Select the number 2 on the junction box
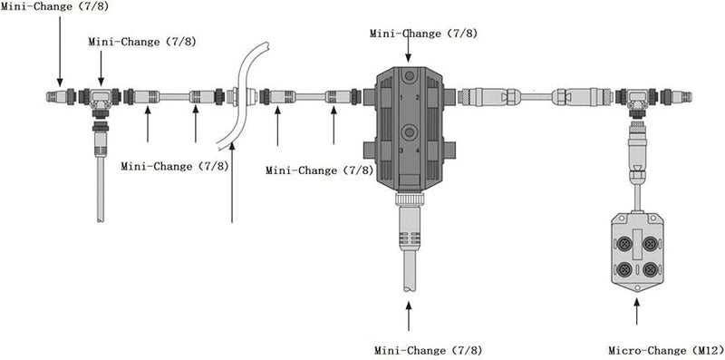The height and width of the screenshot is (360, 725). [418, 95]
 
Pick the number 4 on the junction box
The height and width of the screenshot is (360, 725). [418, 151]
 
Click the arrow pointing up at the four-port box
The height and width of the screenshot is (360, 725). [638, 313]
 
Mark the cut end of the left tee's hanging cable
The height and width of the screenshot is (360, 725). [99, 218]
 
